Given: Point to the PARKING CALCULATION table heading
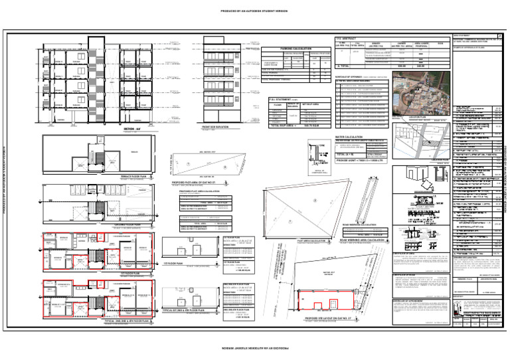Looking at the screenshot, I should tap(286, 48).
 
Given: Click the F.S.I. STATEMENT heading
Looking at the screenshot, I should tap(287, 99).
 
